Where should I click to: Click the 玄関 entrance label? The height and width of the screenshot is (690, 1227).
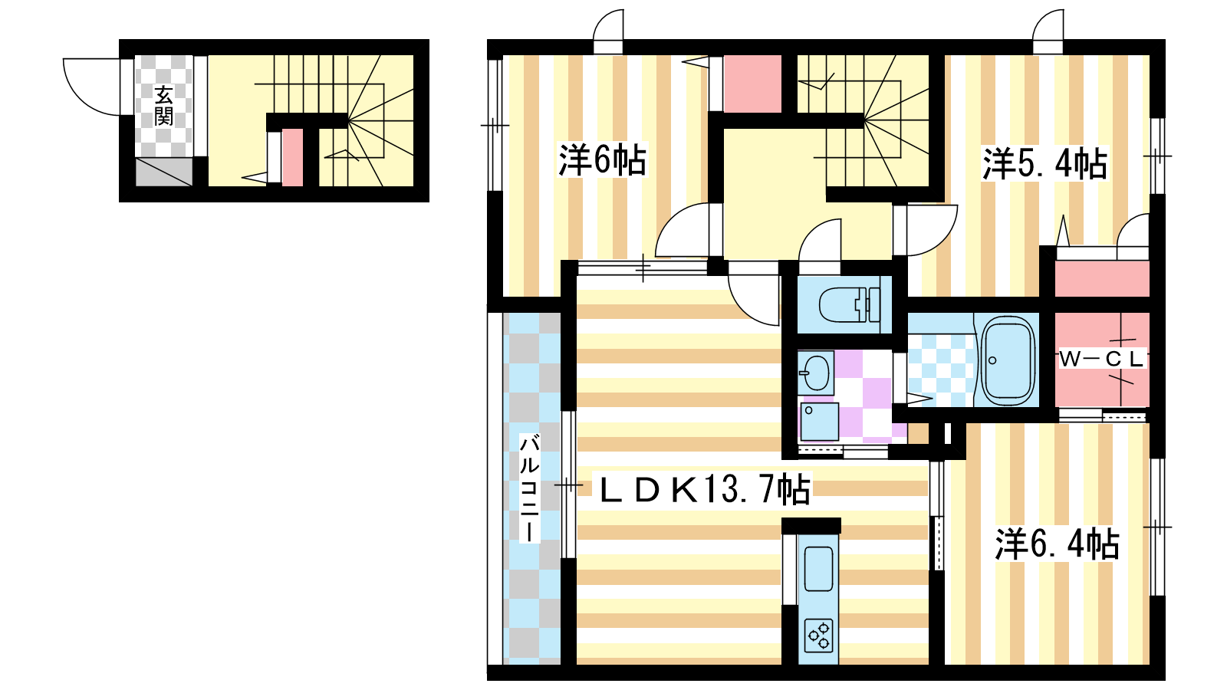point(163,106)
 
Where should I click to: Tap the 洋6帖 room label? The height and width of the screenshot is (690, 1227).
point(602,160)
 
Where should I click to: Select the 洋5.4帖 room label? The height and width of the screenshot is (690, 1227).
point(1044,164)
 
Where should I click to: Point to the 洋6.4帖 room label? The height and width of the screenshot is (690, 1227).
point(1058,544)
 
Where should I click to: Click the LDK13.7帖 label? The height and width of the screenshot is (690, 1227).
point(705,489)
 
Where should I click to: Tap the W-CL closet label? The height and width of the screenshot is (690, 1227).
point(1101,360)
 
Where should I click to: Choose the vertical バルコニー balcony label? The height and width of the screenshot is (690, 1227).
point(530,488)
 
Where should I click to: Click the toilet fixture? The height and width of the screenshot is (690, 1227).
point(850,304)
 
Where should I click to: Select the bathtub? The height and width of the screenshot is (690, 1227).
point(1008,360)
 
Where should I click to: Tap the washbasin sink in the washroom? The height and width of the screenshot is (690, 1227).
point(816,373)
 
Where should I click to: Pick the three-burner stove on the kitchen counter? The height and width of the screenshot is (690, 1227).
point(819,636)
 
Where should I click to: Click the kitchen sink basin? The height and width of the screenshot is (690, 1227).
point(818,569)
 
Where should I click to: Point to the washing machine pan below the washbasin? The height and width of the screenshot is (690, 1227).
point(818,422)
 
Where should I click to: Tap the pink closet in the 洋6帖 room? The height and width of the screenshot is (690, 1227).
point(752,84)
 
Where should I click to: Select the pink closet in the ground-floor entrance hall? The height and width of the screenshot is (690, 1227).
point(292,157)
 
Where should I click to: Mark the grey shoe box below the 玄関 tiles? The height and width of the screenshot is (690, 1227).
point(164,172)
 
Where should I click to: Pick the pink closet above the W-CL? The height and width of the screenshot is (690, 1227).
point(1101,279)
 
